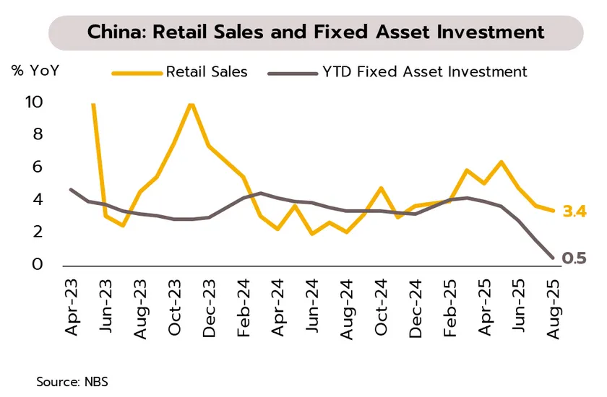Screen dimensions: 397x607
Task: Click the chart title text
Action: point(315,32)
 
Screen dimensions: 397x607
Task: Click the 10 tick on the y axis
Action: point(34,102)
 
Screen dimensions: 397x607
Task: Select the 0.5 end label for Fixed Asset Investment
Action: point(574,258)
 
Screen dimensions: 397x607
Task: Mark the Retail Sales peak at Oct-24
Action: point(380,188)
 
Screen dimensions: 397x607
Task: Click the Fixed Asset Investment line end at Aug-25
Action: point(553,257)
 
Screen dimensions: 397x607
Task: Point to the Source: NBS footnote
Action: point(72,380)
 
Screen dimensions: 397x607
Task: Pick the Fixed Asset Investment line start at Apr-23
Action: point(71,189)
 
